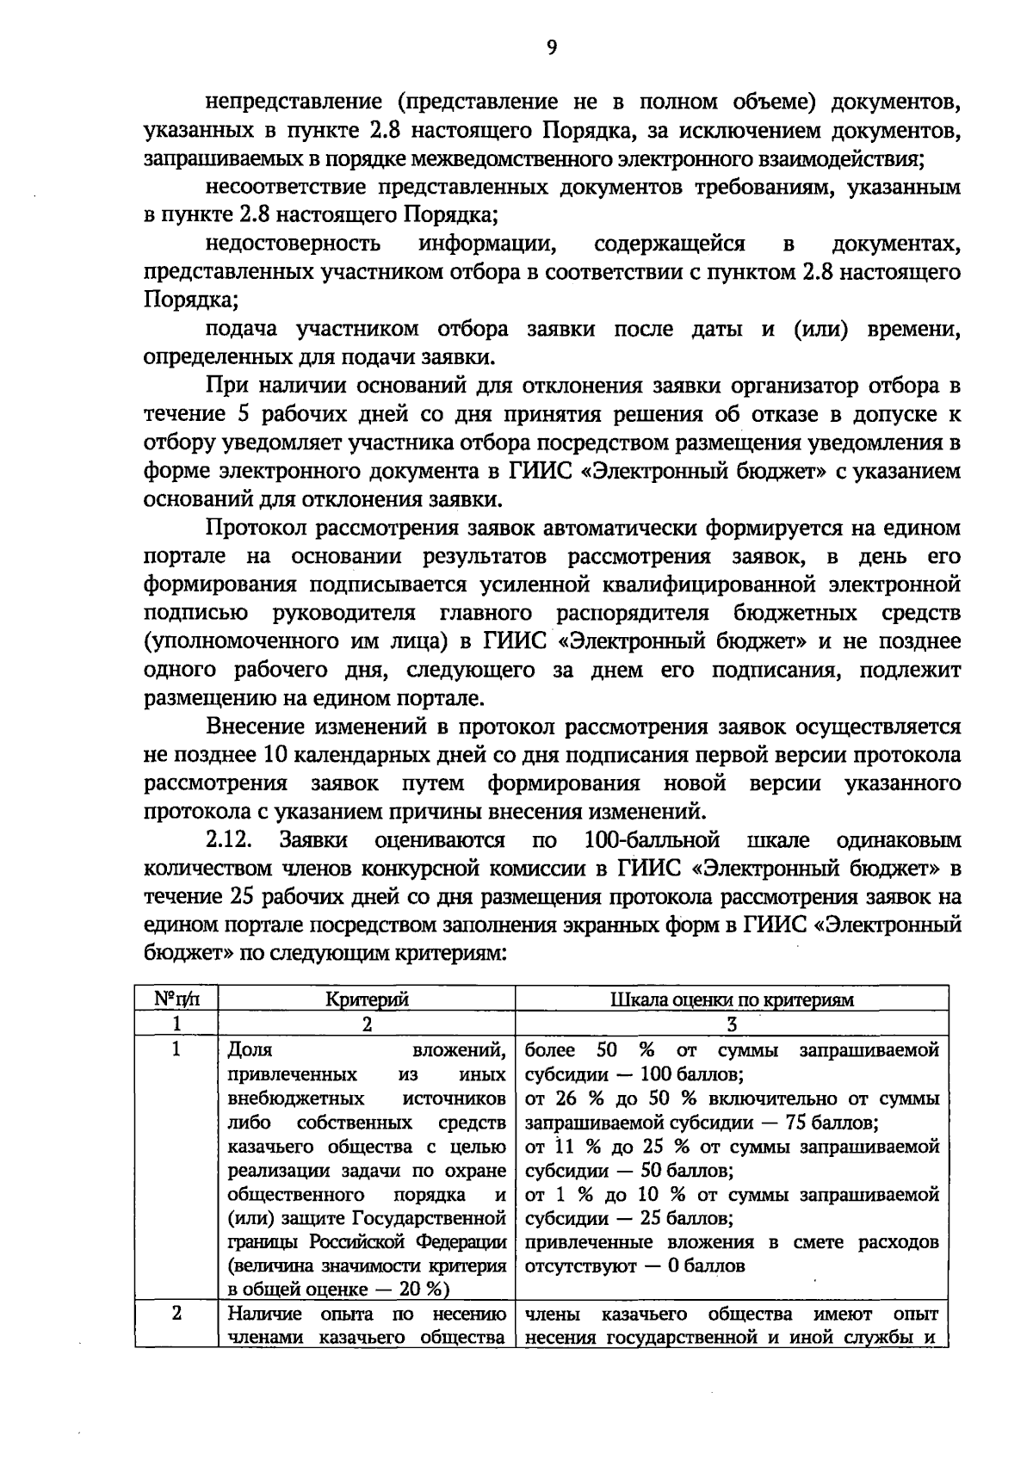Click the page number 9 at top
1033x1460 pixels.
[551, 48]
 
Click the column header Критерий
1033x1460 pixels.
[367, 999]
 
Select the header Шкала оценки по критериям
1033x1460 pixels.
[732, 999]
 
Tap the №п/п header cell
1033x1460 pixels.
[176, 999]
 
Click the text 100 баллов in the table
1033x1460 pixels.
[696, 1075]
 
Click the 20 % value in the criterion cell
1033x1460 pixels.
[423, 1289]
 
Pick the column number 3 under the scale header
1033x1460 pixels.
[732, 1024]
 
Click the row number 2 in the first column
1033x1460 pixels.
[176, 1315]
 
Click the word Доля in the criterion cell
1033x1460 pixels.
[250, 1050]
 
